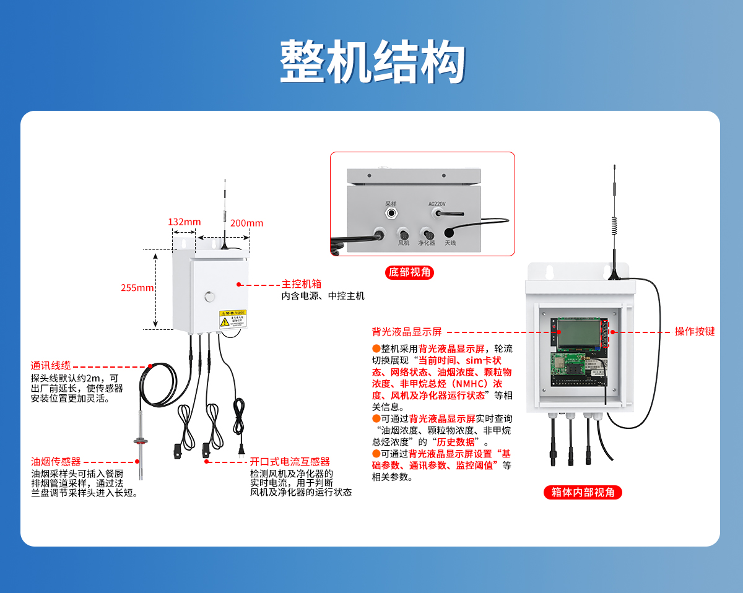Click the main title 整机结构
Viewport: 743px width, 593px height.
click(372, 62)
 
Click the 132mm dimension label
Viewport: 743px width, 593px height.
click(184, 222)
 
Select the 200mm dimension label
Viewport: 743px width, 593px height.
click(246, 223)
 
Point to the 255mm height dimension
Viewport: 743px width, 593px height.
click(137, 288)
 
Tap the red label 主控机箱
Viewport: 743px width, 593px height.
click(302, 284)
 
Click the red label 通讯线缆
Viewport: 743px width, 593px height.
click(51, 365)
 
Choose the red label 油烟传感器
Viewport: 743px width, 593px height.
click(56, 461)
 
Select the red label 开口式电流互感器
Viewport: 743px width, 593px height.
click(289, 462)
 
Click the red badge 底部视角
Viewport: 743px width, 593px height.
click(409, 272)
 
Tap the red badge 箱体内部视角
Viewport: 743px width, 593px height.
click(582, 492)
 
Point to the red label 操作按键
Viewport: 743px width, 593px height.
click(694, 331)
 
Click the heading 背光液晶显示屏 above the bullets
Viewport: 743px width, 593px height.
click(406, 331)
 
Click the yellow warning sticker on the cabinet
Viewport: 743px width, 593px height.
click(232, 318)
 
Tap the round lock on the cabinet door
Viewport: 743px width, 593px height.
click(209, 295)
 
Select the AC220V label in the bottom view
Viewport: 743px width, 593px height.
click(437, 203)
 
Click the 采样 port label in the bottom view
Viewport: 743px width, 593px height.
click(390, 203)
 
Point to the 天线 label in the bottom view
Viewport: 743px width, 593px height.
click(450, 243)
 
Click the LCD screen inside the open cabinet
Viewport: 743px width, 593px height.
click(576, 335)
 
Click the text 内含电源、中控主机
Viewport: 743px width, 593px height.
click(323, 296)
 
